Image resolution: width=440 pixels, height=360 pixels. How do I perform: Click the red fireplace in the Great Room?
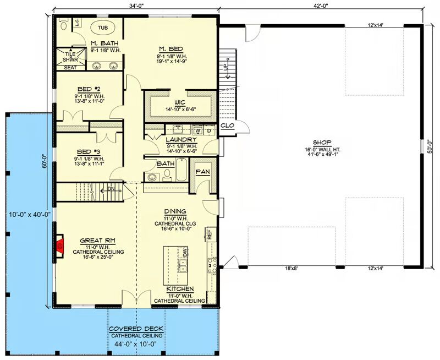60,246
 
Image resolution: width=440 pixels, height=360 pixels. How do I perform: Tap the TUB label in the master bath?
103,28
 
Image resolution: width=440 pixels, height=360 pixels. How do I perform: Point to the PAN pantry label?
202,172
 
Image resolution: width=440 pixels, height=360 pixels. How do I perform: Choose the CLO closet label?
227,126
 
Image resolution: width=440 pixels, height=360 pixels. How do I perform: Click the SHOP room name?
322,142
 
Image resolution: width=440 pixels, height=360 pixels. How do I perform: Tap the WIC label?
180,102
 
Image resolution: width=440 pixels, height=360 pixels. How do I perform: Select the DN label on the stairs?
111,189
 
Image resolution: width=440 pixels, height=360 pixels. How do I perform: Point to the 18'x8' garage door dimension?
291,268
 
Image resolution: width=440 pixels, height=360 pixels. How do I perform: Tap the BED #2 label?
89,89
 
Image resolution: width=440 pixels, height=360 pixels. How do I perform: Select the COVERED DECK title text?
136,329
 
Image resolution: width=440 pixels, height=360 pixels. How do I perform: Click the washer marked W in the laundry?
198,131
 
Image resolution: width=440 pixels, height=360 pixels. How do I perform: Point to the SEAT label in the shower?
70,68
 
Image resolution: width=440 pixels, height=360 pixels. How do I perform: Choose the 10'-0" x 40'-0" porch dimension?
30,215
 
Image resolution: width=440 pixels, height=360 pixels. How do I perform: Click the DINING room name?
175,211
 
